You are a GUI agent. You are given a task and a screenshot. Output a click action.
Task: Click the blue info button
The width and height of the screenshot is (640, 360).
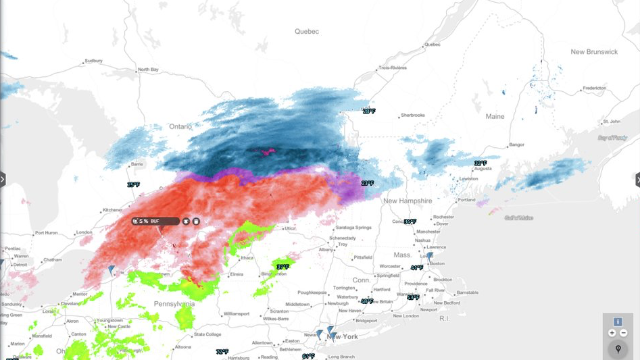click(x=618, y=322)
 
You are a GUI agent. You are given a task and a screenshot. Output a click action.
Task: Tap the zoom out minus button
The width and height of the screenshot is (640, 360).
click(x=624, y=333)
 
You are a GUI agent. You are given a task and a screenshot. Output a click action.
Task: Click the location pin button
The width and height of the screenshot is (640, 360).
click(x=618, y=349)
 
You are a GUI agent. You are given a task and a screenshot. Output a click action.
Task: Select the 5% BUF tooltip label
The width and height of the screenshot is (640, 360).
click(x=150, y=221)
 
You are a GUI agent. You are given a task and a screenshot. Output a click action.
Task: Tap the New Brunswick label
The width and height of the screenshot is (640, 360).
click(x=594, y=52)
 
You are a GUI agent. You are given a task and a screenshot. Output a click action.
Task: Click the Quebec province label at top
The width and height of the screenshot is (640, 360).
click(x=306, y=32)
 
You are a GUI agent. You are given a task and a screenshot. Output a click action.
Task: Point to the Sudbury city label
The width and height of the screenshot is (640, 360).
click(x=93, y=61)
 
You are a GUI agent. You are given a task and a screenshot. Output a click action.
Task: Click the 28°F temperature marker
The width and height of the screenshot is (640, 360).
click(x=368, y=111)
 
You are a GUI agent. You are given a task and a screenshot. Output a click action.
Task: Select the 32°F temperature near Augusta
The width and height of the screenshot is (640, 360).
click(x=481, y=163)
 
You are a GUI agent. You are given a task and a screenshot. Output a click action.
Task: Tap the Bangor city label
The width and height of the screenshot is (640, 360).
click(x=516, y=145)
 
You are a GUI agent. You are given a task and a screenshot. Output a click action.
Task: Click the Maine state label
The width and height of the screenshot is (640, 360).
click(x=495, y=116)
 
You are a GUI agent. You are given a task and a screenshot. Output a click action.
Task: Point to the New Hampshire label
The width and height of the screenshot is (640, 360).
click(x=407, y=201)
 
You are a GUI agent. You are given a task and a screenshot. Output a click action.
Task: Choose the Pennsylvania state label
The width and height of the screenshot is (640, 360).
click(x=174, y=304)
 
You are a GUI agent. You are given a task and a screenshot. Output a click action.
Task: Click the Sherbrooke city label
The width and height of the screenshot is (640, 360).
click(x=413, y=115)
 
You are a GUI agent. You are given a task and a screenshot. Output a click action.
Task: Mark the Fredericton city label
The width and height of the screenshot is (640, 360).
click(x=594, y=88)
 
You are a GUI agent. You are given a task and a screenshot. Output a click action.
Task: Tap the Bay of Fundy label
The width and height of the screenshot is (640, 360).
click(x=612, y=138)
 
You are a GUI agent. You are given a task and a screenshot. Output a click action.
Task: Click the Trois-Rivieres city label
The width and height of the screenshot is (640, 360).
click(x=393, y=68)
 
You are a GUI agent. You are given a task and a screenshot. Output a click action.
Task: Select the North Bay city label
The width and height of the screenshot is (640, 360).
click(x=148, y=70)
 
